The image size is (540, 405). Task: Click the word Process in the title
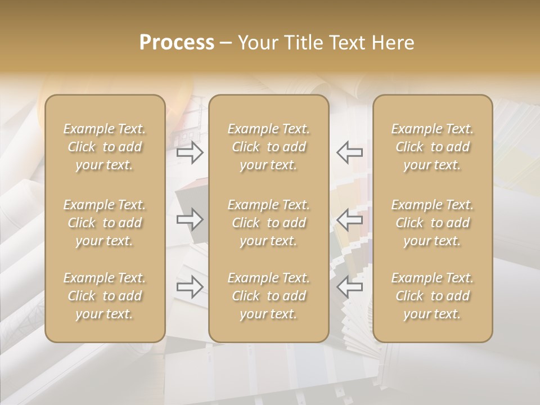tap(177, 43)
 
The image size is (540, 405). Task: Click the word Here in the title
tap(394, 43)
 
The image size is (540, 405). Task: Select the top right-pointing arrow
tap(190, 152)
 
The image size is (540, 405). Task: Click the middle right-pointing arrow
tap(190, 219)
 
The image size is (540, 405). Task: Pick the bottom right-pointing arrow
tap(190, 287)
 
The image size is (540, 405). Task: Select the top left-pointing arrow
tap(350, 152)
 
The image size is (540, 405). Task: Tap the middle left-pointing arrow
tap(350, 219)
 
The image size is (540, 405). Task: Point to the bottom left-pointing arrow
tap(350, 287)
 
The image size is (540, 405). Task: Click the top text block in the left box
tap(105, 147)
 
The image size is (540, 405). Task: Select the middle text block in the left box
tap(105, 223)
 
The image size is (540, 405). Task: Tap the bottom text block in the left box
tap(105, 296)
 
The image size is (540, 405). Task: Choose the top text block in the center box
tap(268, 147)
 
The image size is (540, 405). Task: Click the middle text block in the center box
tap(268, 223)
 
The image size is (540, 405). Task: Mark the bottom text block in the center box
tap(268, 296)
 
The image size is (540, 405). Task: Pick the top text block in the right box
tap(432, 147)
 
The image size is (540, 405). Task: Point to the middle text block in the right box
tap(432, 223)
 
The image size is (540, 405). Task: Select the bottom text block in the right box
tap(432, 296)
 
